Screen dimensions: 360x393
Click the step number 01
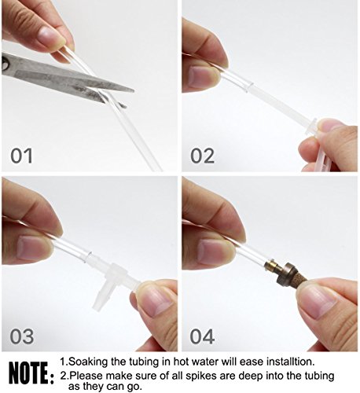pos(21,156)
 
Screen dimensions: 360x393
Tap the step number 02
pos(202,156)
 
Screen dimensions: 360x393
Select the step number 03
pos(22,336)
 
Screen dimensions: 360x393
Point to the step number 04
pos(202,336)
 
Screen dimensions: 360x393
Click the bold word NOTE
pos(28,373)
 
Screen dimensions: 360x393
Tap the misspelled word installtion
pos(290,362)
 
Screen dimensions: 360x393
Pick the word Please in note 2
pos(86,376)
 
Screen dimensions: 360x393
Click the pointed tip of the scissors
pos(134,91)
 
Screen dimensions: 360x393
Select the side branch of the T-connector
pos(101,297)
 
